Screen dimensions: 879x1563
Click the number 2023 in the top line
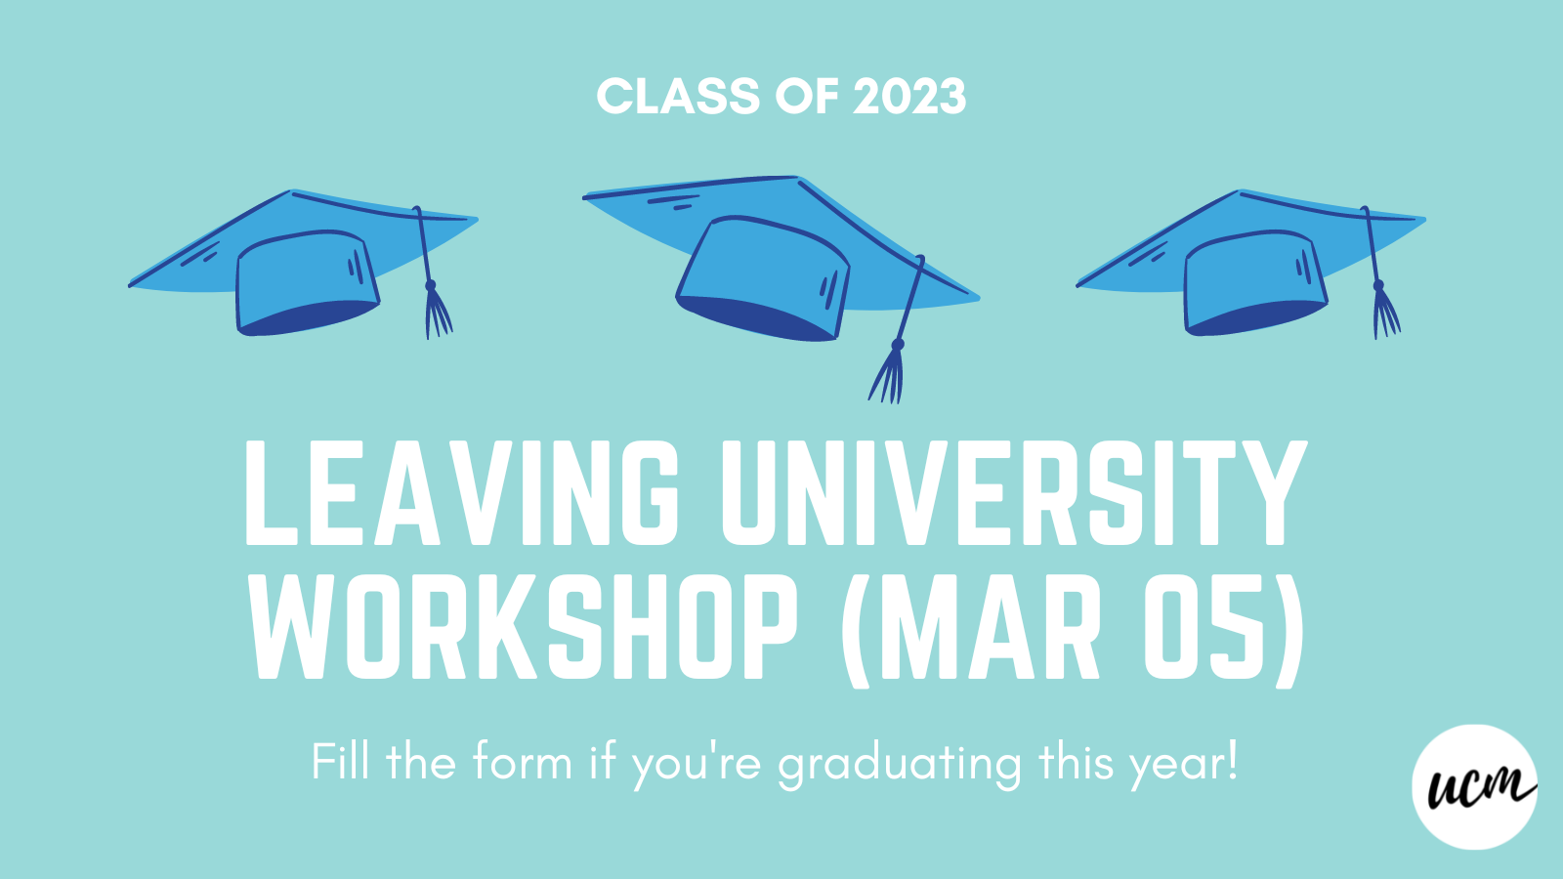pos(908,97)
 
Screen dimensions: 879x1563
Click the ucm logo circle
pos(1474,786)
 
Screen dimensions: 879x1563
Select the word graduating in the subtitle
pos(899,764)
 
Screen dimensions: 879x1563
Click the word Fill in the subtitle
pos(340,761)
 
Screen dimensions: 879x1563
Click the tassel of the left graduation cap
pos(437,313)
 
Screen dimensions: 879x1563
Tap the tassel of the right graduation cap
pos(1384,313)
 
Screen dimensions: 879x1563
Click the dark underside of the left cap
pos(308,317)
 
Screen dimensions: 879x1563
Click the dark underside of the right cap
pos(1255,317)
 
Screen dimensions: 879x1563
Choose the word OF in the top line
pos(806,97)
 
